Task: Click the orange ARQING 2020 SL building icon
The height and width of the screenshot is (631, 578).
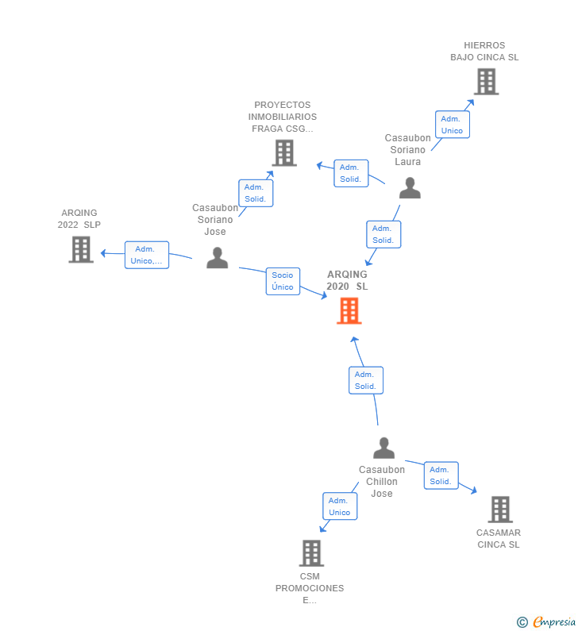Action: coord(349,310)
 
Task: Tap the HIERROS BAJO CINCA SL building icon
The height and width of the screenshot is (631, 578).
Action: coord(486,81)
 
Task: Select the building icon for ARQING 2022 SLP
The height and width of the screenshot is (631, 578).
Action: coord(81,249)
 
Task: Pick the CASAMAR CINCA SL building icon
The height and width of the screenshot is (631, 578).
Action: coord(499,509)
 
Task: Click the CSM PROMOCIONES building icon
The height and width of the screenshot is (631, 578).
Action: coord(311,552)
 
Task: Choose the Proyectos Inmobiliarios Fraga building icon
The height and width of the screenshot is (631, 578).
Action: coord(284,152)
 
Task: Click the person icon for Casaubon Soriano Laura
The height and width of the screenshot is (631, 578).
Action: coord(410,188)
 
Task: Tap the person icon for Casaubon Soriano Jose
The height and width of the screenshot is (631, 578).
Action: coord(217,258)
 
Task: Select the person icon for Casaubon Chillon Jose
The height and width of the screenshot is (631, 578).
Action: coord(383,448)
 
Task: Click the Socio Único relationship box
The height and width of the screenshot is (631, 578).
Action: coord(283,281)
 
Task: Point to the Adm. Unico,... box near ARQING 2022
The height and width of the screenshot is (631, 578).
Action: coord(146,255)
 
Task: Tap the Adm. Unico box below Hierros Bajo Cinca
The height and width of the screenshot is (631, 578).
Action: coord(452,125)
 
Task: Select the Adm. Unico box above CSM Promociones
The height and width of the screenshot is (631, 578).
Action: coord(340,506)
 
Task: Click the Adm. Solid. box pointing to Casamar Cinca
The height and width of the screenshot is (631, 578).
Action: coord(441,475)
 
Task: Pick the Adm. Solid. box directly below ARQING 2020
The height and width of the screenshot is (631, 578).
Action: coord(365,380)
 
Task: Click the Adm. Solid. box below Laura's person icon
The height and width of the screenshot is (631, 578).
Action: coord(383,234)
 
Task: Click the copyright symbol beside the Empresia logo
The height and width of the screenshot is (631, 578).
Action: coord(522,622)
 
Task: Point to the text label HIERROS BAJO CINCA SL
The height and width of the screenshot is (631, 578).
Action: coord(484,52)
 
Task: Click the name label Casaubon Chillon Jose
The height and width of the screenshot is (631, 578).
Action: coord(382,482)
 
